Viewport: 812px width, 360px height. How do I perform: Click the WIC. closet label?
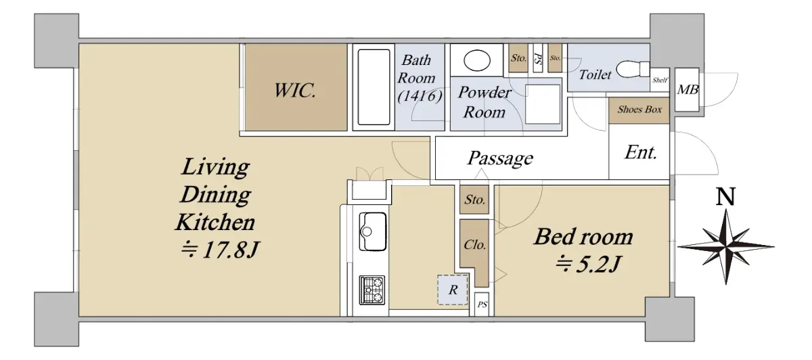click(x=295, y=90)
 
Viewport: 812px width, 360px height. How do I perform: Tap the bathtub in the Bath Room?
click(x=374, y=87)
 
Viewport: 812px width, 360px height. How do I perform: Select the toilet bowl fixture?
click(x=633, y=69)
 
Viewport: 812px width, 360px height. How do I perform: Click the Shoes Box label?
click(x=639, y=109)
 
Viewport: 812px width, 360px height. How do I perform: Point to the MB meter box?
click(x=687, y=89)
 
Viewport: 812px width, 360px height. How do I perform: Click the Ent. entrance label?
click(x=641, y=153)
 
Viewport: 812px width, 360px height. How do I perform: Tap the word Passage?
click(x=500, y=158)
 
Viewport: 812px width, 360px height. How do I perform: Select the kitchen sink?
click(x=372, y=231)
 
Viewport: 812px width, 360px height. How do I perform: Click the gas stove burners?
click(x=372, y=290)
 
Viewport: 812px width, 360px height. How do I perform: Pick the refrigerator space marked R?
click(x=453, y=290)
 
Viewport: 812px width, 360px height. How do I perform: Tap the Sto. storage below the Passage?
click(x=474, y=200)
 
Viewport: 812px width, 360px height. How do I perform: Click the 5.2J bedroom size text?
click(x=588, y=265)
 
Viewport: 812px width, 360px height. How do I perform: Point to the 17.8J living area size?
click(x=220, y=250)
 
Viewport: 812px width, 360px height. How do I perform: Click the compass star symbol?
click(x=726, y=247)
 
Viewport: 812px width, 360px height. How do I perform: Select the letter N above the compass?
click(x=725, y=196)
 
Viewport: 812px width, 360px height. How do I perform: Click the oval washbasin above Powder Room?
click(x=476, y=60)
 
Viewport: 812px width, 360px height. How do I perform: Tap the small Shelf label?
click(x=659, y=80)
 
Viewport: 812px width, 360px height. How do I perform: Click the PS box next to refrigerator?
click(x=482, y=304)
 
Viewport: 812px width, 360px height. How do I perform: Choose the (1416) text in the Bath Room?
click(x=420, y=96)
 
